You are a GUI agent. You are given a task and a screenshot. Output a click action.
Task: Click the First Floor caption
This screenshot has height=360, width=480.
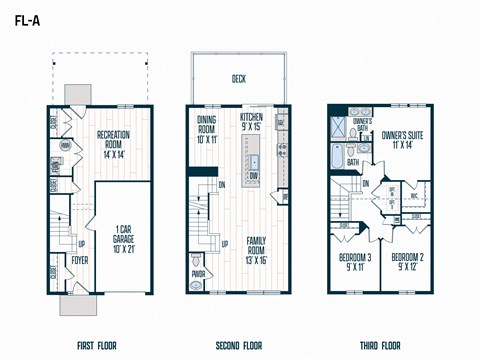(97, 346)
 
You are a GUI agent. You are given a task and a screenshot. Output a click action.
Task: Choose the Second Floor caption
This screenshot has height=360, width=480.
(238, 346)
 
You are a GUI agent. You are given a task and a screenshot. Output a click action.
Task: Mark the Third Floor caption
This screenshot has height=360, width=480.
(381, 346)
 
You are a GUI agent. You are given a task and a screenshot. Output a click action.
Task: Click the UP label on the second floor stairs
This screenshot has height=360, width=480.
(225, 243)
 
